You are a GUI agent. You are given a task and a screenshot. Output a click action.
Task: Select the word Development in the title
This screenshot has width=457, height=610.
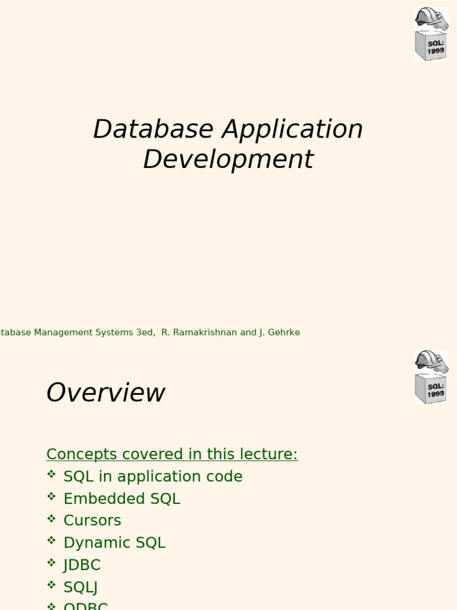coord(228,160)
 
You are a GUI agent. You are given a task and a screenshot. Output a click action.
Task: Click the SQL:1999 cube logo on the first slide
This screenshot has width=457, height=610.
coord(430,46)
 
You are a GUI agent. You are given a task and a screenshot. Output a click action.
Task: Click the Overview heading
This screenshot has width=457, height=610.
coord(105,393)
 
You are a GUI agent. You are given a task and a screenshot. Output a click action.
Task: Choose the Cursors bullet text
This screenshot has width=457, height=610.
coord(92,521)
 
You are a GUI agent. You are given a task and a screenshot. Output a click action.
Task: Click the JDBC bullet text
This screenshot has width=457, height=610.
coord(82,565)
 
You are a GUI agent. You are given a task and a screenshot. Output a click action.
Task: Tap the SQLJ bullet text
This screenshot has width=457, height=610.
coord(80,587)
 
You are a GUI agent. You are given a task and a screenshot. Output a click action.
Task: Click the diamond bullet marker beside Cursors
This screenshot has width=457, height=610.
coord(52,519)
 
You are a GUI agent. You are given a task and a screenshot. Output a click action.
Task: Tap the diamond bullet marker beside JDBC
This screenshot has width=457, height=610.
coord(52,563)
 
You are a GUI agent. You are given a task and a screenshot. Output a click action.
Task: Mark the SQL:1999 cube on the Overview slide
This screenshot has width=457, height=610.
coord(430,388)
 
